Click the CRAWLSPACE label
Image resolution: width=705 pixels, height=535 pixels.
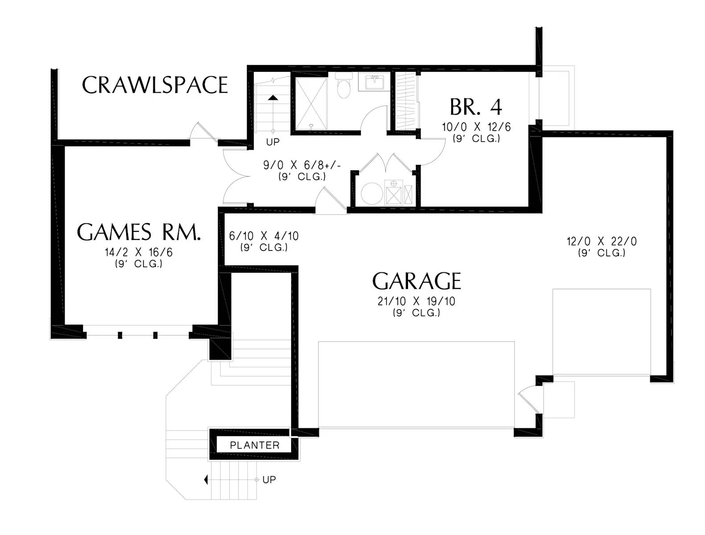155,85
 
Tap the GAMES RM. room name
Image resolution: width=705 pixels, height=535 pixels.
139,232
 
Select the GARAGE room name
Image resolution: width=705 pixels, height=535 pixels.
416,281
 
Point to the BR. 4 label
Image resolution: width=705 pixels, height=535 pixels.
476,107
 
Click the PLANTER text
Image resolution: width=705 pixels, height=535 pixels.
255,445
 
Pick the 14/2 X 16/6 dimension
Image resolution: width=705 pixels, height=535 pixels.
138,252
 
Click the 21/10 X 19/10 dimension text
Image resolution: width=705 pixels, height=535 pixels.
416,301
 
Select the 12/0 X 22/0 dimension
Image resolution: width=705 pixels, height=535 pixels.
602,241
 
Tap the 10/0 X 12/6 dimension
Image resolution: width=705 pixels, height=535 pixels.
476,127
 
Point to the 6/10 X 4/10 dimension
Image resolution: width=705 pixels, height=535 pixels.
264,236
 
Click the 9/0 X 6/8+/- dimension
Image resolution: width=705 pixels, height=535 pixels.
301,165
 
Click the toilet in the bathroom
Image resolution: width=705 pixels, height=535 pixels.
344,85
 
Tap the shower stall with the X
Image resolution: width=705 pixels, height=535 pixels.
311,103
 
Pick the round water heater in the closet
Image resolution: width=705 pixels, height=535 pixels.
371,193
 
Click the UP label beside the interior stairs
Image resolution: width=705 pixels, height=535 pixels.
273,142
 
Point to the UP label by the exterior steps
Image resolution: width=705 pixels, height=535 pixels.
269,479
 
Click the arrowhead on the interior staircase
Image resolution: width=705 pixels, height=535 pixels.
273,98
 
